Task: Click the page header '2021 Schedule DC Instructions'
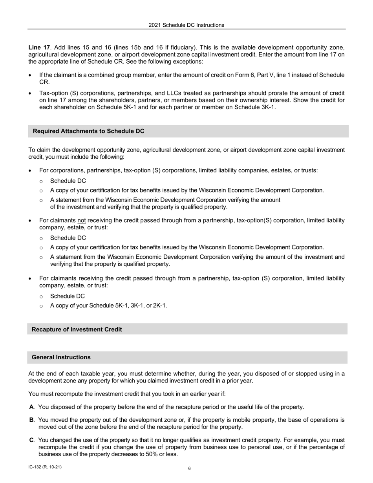(x=186, y=25)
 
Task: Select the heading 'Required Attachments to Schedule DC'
(x=88, y=131)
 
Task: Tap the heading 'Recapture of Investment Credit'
(x=77, y=329)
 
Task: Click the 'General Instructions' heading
(x=61, y=357)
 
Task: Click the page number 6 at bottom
(x=189, y=468)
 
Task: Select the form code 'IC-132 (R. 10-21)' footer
(x=45, y=467)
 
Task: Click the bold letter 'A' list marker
(x=31, y=407)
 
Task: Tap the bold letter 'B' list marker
(x=31, y=420)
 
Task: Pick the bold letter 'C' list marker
(x=31, y=440)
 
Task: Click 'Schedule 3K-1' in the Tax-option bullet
(x=255, y=108)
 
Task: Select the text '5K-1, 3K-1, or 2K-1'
(x=140, y=306)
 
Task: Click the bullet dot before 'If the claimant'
(x=30, y=75)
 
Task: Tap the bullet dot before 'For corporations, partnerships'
(x=30, y=171)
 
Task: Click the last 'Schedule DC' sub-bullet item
(x=68, y=296)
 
